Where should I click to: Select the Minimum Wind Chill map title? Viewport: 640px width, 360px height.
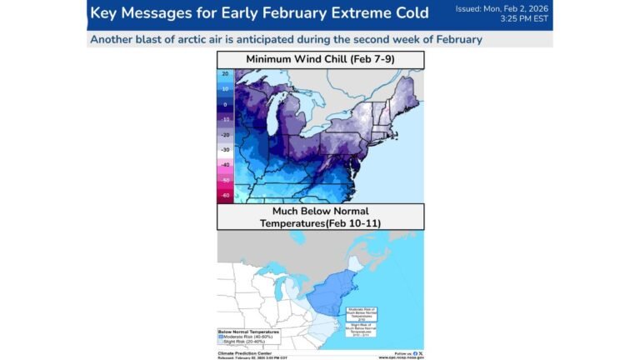[x=320, y=59]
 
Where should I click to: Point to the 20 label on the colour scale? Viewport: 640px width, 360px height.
[x=226, y=74]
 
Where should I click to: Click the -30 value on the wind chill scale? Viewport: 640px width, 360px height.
[x=226, y=149]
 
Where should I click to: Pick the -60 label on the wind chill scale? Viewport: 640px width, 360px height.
[x=226, y=195]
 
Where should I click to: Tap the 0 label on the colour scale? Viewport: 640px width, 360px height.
[x=226, y=104]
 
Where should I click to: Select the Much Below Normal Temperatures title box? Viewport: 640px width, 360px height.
[x=320, y=217]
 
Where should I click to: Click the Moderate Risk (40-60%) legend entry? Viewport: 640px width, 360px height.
[x=251, y=337]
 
